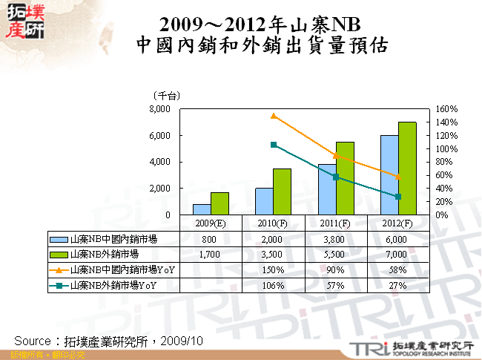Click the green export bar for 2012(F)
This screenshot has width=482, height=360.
tap(407, 168)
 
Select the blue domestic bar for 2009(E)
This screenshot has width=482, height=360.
tap(202, 209)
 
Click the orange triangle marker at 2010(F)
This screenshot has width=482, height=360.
tap(274, 116)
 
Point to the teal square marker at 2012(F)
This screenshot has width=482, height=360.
tap(398, 197)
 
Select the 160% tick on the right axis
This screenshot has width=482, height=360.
tap(448, 109)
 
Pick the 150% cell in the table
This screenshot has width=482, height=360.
tap(274, 269)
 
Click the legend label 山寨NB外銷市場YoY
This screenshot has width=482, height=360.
tap(122, 285)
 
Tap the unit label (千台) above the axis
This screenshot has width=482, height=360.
tap(165, 96)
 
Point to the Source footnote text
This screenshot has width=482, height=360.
tap(108, 340)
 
